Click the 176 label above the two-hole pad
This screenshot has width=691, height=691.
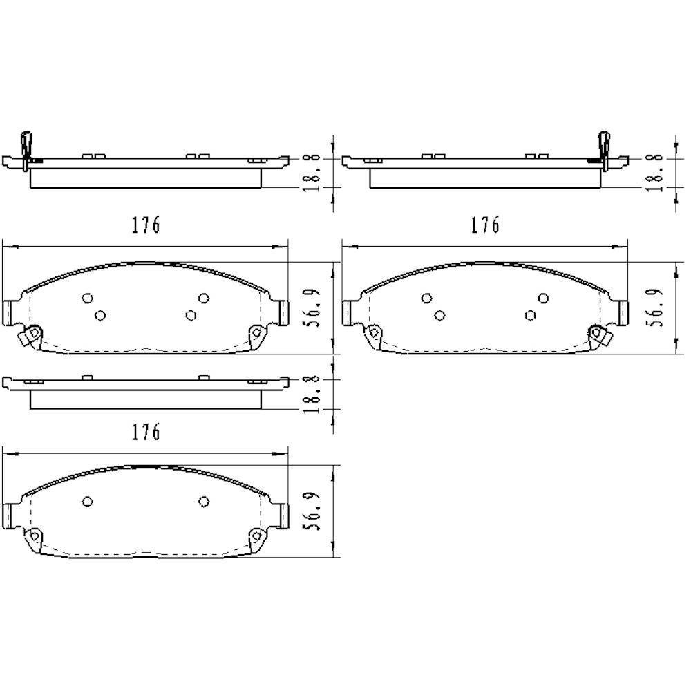(146, 433)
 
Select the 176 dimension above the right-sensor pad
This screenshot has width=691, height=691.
(485, 225)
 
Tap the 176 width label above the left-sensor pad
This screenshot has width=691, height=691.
(146, 225)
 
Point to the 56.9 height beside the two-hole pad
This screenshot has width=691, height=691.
(312, 511)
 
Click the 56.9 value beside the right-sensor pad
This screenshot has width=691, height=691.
(654, 307)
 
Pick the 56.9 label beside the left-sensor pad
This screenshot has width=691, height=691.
(312, 307)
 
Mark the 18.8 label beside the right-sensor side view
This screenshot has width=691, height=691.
(654, 172)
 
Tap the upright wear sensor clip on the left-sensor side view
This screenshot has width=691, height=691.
(26, 150)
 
